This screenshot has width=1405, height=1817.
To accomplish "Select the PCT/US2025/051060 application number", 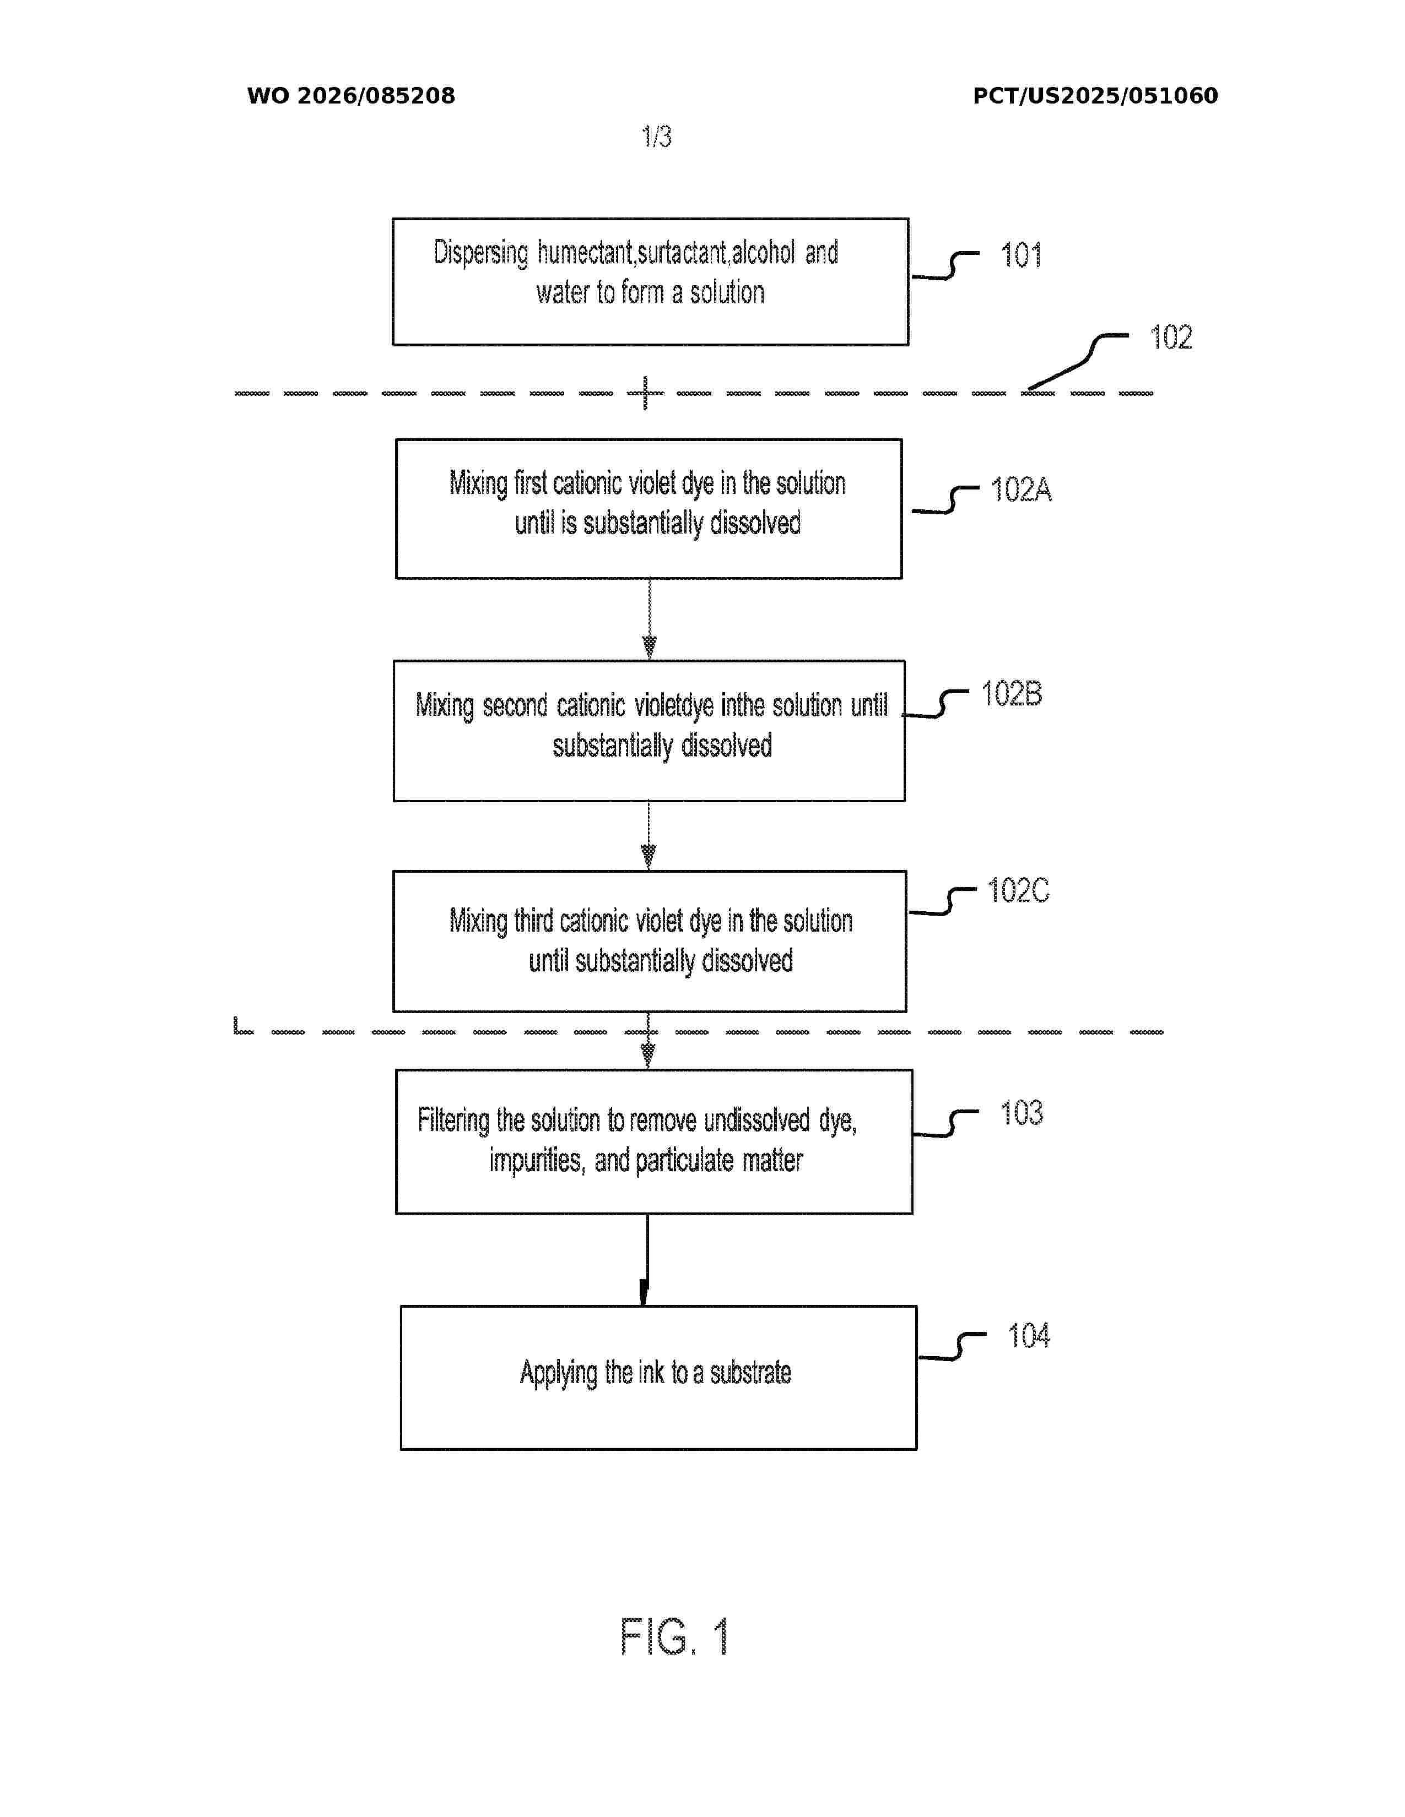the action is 1095,96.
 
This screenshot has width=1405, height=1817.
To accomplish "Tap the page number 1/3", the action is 657,137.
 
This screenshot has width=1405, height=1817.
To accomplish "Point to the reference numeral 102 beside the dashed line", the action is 1171,337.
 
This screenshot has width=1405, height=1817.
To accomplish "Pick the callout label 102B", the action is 1011,693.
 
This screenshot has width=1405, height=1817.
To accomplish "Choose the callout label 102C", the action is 1018,890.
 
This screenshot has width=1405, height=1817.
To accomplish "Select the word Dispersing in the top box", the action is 481,253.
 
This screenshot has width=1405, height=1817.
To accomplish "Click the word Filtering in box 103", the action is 453,1120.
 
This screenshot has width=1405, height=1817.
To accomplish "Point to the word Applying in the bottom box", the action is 559,1373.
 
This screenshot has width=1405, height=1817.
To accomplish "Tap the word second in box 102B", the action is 515,705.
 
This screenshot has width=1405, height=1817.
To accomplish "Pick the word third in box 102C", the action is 533,921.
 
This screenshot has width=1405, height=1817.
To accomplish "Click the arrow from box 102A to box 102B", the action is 649,619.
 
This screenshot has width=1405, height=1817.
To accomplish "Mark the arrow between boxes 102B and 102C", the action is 649,836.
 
